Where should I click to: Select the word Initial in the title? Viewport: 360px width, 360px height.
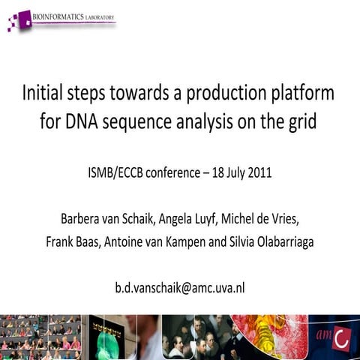coord(46,94)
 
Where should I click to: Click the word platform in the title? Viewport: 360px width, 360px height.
coord(303,94)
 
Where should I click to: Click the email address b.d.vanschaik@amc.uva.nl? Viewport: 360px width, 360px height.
coord(180,286)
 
